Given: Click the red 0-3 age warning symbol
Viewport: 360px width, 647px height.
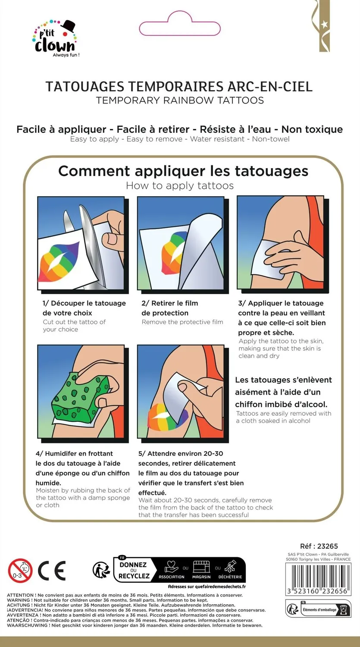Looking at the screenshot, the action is click(20, 571).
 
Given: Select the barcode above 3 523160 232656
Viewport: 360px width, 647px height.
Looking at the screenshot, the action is click(318, 576).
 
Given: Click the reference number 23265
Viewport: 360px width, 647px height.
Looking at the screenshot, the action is click(327, 546).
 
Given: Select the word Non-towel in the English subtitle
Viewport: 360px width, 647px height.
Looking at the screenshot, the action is click(270, 139).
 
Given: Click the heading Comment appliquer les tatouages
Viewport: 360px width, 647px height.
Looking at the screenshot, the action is click(183, 171).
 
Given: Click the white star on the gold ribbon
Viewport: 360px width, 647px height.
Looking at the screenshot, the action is click(324, 25).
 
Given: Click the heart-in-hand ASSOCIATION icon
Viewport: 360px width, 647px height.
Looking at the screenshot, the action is click(172, 567).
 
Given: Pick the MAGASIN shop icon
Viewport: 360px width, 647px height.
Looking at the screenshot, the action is click(201, 567).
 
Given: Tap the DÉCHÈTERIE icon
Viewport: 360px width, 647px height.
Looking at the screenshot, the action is click(230, 567).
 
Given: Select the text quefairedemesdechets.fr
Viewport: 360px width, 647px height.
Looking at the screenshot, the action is click(220, 586).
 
